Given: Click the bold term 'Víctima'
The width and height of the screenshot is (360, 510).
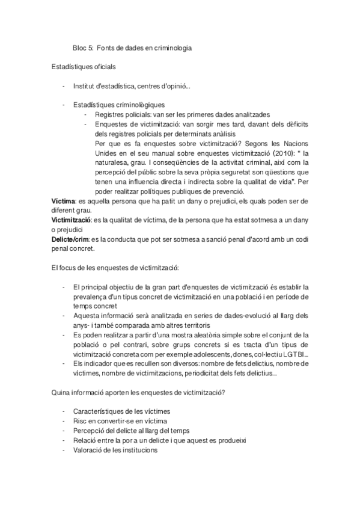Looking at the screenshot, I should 64,201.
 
